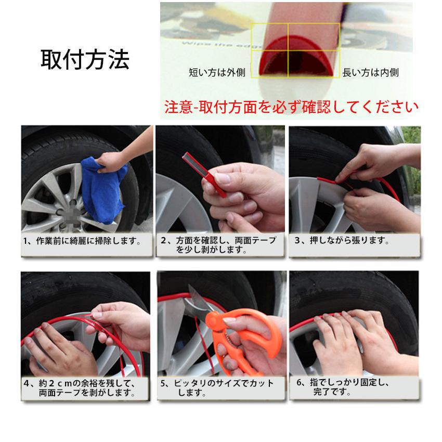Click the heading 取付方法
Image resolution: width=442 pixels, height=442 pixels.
pyautogui.click(x=85, y=60)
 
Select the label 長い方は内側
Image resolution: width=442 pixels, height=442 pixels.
pyautogui.click(x=371, y=73)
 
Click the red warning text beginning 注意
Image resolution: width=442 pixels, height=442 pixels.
pyautogui.click(x=291, y=107)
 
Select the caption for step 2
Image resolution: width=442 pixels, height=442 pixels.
pyautogui.click(x=219, y=245)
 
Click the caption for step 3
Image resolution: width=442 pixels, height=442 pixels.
pyautogui.click(x=343, y=241)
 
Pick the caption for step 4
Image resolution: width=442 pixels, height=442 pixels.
pyautogui.click(x=83, y=388)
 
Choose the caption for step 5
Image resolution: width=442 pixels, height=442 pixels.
pyautogui.click(x=218, y=388)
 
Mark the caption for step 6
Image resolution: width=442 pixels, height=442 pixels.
pyautogui.click(x=346, y=387)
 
